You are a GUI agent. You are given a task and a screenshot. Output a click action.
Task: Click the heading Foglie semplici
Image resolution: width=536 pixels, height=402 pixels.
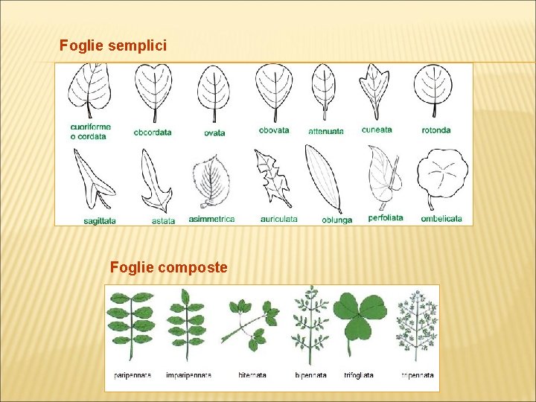pos(113,46)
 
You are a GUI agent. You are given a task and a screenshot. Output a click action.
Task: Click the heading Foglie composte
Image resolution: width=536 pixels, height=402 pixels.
pos(168,267)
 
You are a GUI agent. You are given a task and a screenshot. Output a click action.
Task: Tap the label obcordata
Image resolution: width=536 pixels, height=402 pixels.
pos(153,133)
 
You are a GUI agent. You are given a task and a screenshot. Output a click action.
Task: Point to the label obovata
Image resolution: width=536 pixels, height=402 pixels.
pos(274,130)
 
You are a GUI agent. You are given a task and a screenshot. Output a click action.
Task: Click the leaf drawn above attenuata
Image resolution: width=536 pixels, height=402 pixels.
pos(324,92)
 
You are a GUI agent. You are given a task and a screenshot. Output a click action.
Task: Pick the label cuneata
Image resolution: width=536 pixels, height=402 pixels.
pos(377,130)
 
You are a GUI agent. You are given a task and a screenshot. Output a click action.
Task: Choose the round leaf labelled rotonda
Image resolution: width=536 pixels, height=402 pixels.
pos(433,91)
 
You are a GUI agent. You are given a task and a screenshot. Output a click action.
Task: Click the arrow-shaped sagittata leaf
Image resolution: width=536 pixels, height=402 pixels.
pos(92,179)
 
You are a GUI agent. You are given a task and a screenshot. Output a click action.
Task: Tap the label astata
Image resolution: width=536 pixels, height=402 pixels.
pos(163,220)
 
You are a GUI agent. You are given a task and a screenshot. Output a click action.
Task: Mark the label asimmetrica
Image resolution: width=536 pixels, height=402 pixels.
pos(211,219)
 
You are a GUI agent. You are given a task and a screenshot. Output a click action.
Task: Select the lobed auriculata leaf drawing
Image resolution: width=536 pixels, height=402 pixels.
pos(272,177)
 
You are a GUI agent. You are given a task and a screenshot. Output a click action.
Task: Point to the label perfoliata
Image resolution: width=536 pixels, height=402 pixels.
pos(386,218)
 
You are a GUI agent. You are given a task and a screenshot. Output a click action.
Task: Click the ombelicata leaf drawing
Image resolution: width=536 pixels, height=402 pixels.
pos(442,179)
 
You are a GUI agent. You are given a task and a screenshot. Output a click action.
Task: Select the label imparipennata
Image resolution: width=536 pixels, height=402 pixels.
pos(188,375)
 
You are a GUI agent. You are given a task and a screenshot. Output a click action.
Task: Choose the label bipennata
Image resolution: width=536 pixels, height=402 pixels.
pos(310,375)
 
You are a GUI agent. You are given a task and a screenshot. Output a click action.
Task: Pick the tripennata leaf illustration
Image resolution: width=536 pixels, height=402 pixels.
pos(415,325)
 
